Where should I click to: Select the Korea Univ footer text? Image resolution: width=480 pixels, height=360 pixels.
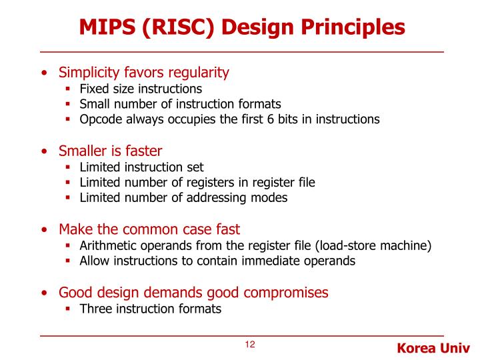click(x=433, y=349)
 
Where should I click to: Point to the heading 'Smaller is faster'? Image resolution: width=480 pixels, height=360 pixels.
click(x=110, y=151)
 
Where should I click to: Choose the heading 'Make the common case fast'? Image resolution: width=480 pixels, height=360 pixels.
click(x=149, y=229)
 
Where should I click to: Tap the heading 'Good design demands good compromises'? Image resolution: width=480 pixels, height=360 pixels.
click(x=193, y=292)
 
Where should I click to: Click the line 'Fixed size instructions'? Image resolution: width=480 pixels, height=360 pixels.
click(x=141, y=88)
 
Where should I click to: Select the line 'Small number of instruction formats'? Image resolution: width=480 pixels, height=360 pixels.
click(x=180, y=104)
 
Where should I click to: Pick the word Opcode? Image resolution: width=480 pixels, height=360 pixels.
click(x=101, y=120)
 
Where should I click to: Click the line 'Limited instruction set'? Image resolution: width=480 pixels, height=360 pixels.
click(x=141, y=167)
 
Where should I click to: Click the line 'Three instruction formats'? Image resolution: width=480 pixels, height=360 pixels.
click(x=150, y=309)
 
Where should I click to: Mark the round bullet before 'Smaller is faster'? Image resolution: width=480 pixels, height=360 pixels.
click(x=44, y=151)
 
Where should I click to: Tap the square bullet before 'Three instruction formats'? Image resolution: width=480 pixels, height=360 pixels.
click(x=69, y=309)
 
